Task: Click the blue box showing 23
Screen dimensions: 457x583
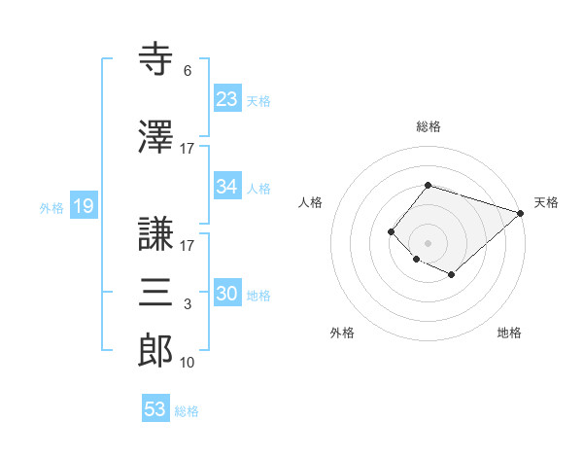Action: coord(226,98)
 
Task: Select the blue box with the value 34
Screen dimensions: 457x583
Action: coord(226,187)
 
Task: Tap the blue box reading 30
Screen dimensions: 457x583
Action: coord(226,295)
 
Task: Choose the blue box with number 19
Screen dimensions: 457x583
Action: coord(83,206)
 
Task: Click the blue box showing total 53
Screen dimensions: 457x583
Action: coord(155,409)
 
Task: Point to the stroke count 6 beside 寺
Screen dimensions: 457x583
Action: coord(187,71)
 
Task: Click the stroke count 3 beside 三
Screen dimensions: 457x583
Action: coord(187,304)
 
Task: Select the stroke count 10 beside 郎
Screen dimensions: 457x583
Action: coord(187,363)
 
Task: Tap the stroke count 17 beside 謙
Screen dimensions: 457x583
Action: coord(187,247)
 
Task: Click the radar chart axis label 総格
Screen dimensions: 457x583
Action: coord(428,127)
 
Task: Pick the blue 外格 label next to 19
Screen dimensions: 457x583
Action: coord(51,207)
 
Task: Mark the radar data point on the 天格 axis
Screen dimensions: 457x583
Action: coord(522,214)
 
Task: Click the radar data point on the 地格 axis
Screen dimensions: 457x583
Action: coord(452,276)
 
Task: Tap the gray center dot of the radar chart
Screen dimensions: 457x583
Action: coord(428,242)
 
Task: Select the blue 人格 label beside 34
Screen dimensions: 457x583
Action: coord(258,188)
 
